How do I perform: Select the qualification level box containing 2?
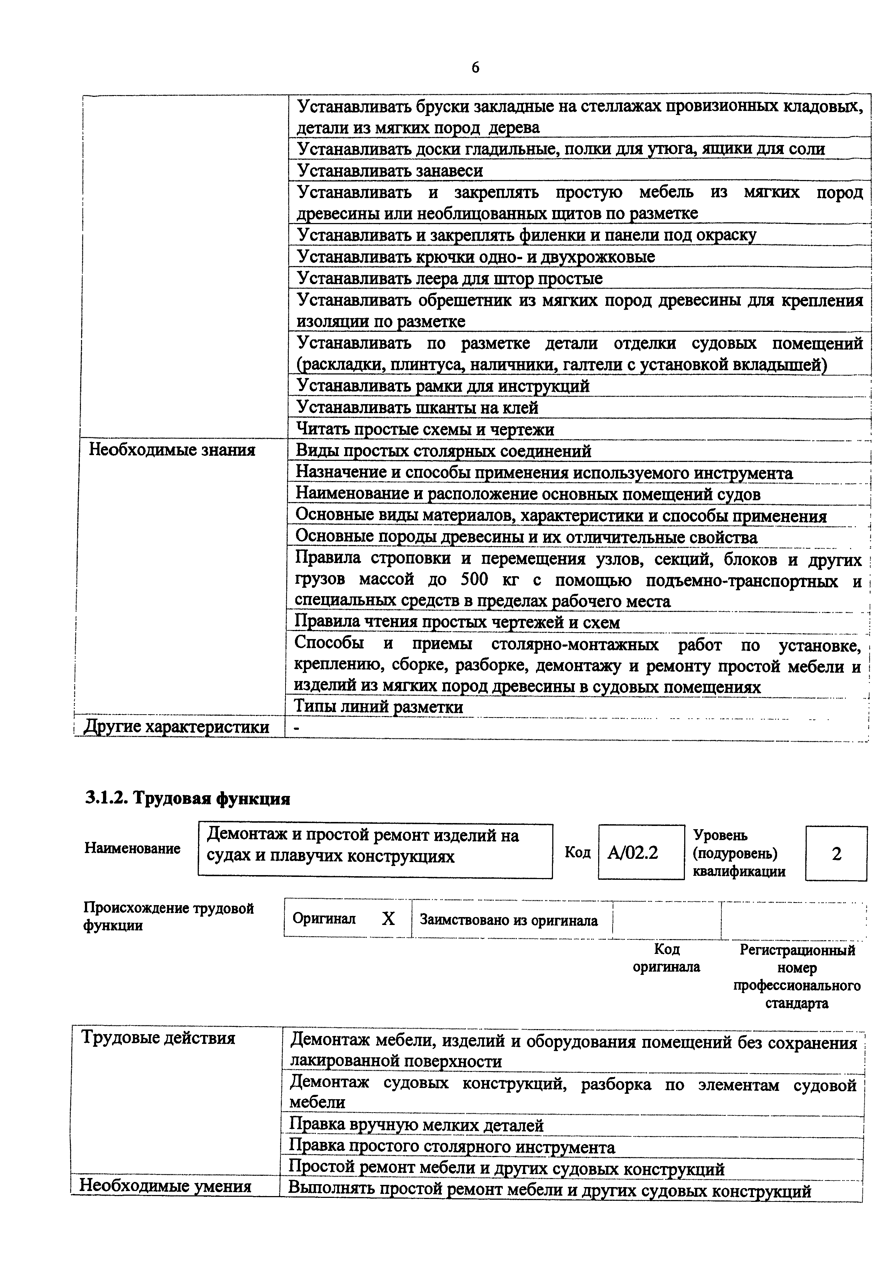click(836, 854)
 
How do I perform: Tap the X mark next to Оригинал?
click(389, 919)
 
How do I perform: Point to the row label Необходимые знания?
click(172, 450)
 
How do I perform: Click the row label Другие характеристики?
click(176, 727)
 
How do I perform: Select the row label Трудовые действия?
click(158, 1038)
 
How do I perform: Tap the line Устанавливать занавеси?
click(390, 171)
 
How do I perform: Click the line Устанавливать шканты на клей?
click(417, 408)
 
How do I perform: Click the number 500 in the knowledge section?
click(474, 581)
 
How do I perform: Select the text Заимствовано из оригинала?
click(509, 920)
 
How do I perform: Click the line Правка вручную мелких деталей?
click(417, 1125)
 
